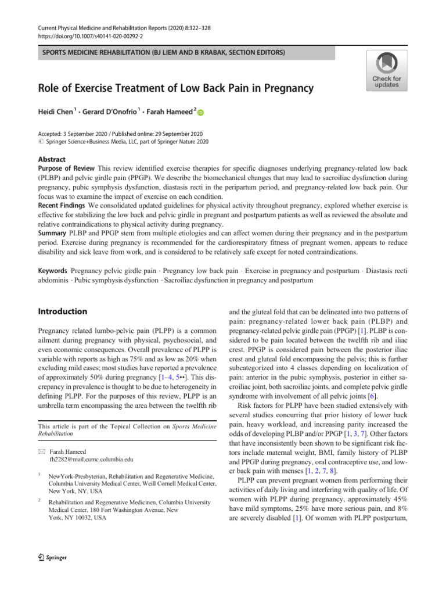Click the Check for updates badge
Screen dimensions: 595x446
(387, 70)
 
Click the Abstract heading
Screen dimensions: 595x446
(51, 159)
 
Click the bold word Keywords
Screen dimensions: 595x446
(52, 270)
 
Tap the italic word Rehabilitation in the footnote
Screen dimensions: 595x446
(59, 433)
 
